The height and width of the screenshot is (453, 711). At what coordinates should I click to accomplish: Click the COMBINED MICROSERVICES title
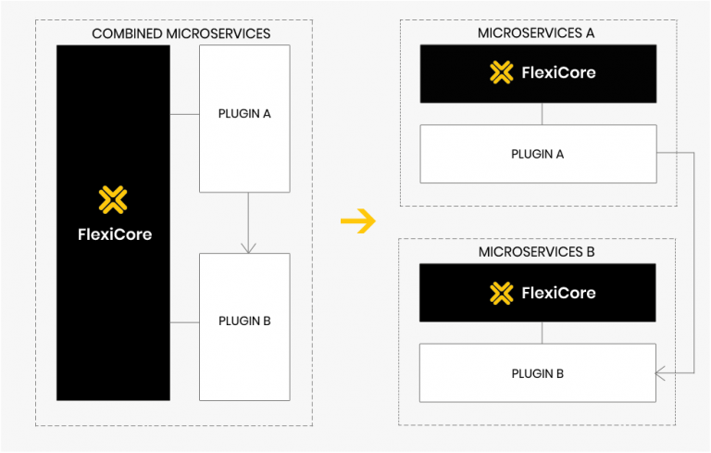tap(181, 34)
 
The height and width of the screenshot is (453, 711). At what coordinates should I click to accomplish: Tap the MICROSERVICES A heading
tap(536, 33)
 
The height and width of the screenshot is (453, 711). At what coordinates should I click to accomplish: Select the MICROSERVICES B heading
tap(536, 252)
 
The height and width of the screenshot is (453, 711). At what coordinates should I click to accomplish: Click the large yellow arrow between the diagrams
tap(357, 220)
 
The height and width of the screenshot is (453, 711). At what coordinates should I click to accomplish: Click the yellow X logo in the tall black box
tap(113, 199)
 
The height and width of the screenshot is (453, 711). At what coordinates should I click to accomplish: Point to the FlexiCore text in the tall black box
tap(114, 234)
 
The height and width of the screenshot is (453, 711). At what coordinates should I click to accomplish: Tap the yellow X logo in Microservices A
tap(501, 72)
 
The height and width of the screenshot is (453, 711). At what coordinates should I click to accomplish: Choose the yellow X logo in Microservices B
tap(501, 293)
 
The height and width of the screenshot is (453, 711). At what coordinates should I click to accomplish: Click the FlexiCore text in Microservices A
tap(558, 72)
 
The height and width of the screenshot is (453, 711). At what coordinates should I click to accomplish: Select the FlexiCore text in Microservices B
tap(558, 293)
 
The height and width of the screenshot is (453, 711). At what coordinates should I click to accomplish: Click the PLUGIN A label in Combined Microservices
tap(244, 114)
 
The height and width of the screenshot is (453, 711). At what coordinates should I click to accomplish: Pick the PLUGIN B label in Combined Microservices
tap(244, 321)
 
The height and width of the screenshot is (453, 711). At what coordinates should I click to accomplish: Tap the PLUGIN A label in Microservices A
tap(537, 154)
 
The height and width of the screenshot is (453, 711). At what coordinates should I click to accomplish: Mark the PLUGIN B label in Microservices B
tap(537, 374)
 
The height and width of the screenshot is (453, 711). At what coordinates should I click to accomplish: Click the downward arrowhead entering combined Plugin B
tap(247, 247)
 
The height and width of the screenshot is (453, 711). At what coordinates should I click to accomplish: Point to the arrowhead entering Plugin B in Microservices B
tap(661, 373)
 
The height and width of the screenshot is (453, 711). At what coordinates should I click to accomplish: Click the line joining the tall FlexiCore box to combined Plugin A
tap(185, 114)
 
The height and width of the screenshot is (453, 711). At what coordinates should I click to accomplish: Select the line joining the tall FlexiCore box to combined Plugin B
tap(185, 321)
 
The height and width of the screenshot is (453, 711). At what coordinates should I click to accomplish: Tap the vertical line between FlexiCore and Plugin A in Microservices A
tap(543, 113)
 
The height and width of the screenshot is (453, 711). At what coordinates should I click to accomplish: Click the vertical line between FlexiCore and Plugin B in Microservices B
tap(543, 333)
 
